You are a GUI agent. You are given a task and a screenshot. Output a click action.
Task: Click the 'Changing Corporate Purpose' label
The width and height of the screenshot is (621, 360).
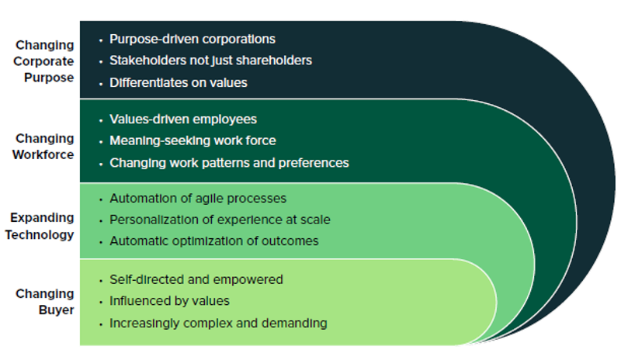[45, 61]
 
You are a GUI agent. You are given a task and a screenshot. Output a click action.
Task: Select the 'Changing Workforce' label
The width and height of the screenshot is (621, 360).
[45, 146]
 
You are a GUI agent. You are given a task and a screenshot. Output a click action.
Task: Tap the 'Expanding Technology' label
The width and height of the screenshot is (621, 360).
[43, 226]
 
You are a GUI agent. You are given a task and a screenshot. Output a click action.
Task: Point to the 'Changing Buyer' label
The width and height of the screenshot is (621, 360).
[45, 302]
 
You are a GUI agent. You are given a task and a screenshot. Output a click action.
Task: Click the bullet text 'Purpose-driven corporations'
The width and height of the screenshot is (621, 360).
[193, 39]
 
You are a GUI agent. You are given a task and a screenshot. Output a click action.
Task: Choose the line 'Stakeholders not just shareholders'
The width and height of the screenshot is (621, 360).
[211, 60]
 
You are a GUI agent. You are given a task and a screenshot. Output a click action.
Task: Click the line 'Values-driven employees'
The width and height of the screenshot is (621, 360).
[183, 119]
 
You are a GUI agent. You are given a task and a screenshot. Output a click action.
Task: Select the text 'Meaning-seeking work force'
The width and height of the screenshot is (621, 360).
[193, 140]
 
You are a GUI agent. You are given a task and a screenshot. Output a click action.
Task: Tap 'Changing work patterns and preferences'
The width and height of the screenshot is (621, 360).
[229, 163]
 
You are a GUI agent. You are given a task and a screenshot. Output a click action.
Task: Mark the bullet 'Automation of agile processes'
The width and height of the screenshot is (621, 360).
[198, 199]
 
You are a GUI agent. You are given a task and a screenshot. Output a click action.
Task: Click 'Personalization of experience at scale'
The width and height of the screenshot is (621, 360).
[220, 220]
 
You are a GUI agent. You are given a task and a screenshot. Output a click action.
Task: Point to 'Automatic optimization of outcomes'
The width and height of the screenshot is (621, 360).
[213, 241]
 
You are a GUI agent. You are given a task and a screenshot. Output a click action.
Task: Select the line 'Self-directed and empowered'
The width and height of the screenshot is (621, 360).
[196, 279]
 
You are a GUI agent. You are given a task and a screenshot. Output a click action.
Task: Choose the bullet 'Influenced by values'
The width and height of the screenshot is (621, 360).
[169, 300]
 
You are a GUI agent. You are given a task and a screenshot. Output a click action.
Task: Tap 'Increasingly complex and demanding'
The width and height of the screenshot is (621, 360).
[218, 323]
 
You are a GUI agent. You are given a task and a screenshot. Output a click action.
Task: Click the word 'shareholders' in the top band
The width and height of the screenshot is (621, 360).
[277, 60]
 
